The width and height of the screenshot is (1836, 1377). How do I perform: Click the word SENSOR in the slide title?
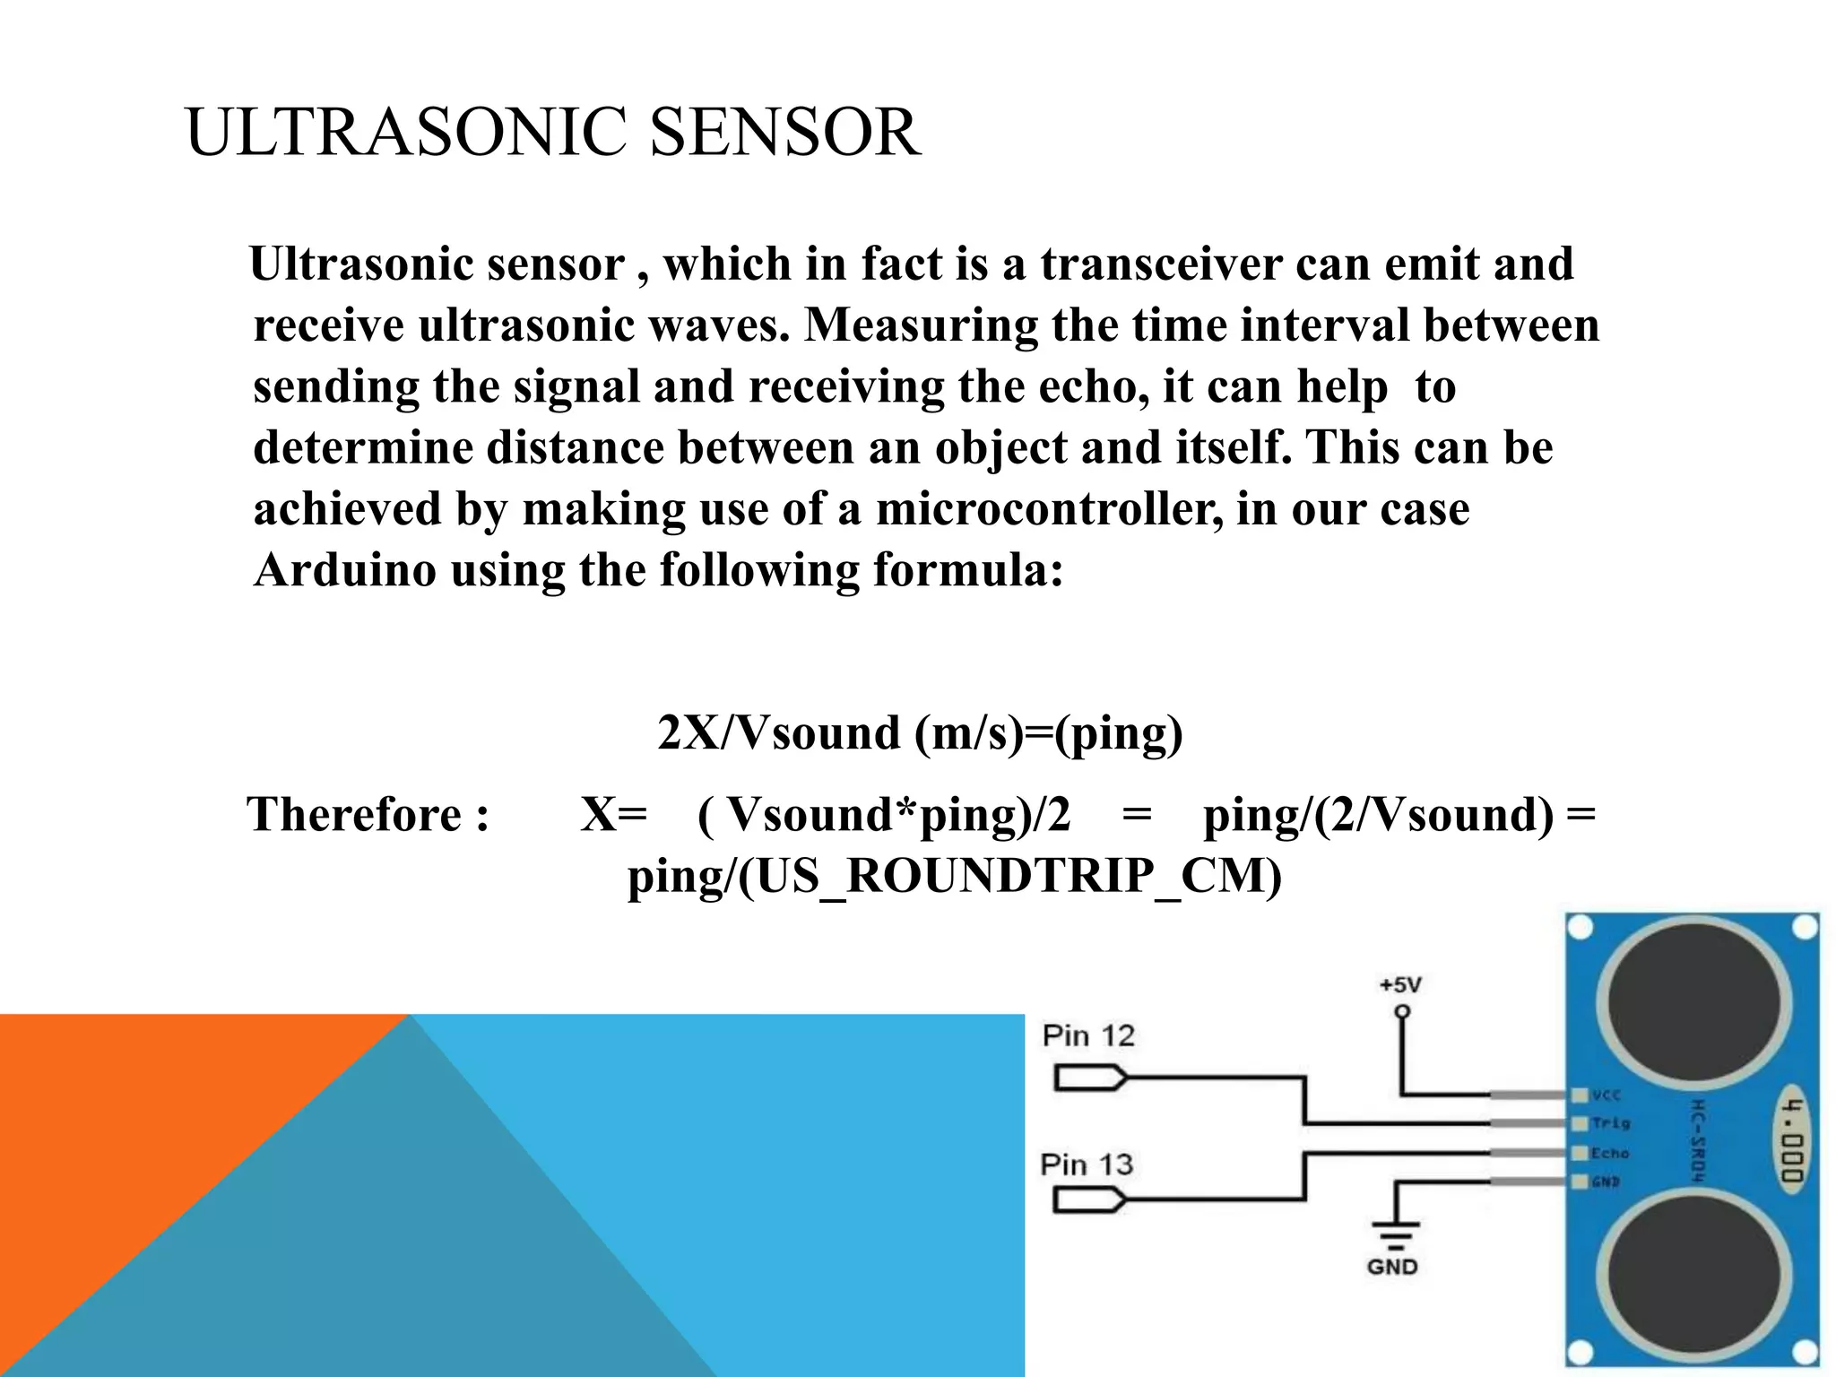pos(784,133)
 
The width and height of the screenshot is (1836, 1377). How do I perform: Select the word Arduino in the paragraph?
pos(345,570)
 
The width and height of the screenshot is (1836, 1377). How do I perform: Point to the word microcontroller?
pos(1049,509)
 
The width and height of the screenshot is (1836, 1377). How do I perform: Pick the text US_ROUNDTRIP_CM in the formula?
pos(1009,876)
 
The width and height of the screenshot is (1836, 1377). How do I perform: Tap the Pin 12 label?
pos(1088,1036)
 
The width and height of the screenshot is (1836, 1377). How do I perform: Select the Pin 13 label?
pos(1087,1165)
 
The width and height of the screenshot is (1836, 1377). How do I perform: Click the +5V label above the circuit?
pos(1400,985)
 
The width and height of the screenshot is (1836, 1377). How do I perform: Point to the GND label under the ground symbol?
pos(1392,1267)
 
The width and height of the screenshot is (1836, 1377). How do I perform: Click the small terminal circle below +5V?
pos(1402,1012)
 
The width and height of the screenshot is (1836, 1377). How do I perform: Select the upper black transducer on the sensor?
pos(1693,1001)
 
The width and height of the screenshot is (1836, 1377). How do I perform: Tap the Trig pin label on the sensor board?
pos(1611,1123)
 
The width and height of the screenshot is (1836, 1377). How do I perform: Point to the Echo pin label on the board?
pos(1610,1154)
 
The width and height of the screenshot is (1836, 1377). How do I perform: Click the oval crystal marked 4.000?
pos(1791,1140)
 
